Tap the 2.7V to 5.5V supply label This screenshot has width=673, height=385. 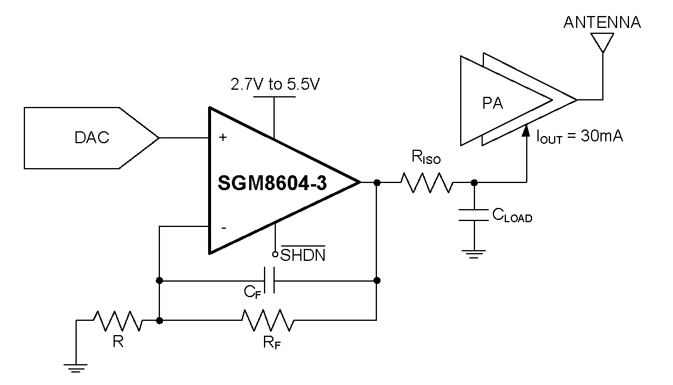(x=275, y=84)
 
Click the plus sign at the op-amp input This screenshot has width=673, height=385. (x=223, y=138)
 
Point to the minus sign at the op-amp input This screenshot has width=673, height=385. (x=223, y=228)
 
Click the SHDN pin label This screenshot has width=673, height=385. (x=303, y=256)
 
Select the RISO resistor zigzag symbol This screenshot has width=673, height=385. (x=426, y=182)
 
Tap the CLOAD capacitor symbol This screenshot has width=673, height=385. (x=474, y=214)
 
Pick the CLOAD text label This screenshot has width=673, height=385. (x=511, y=216)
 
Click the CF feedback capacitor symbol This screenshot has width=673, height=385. (x=269, y=280)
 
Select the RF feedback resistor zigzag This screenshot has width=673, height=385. (x=267, y=321)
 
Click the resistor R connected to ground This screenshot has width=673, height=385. (x=118, y=321)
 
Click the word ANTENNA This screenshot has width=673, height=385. (x=602, y=23)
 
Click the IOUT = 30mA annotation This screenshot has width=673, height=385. (x=579, y=137)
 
